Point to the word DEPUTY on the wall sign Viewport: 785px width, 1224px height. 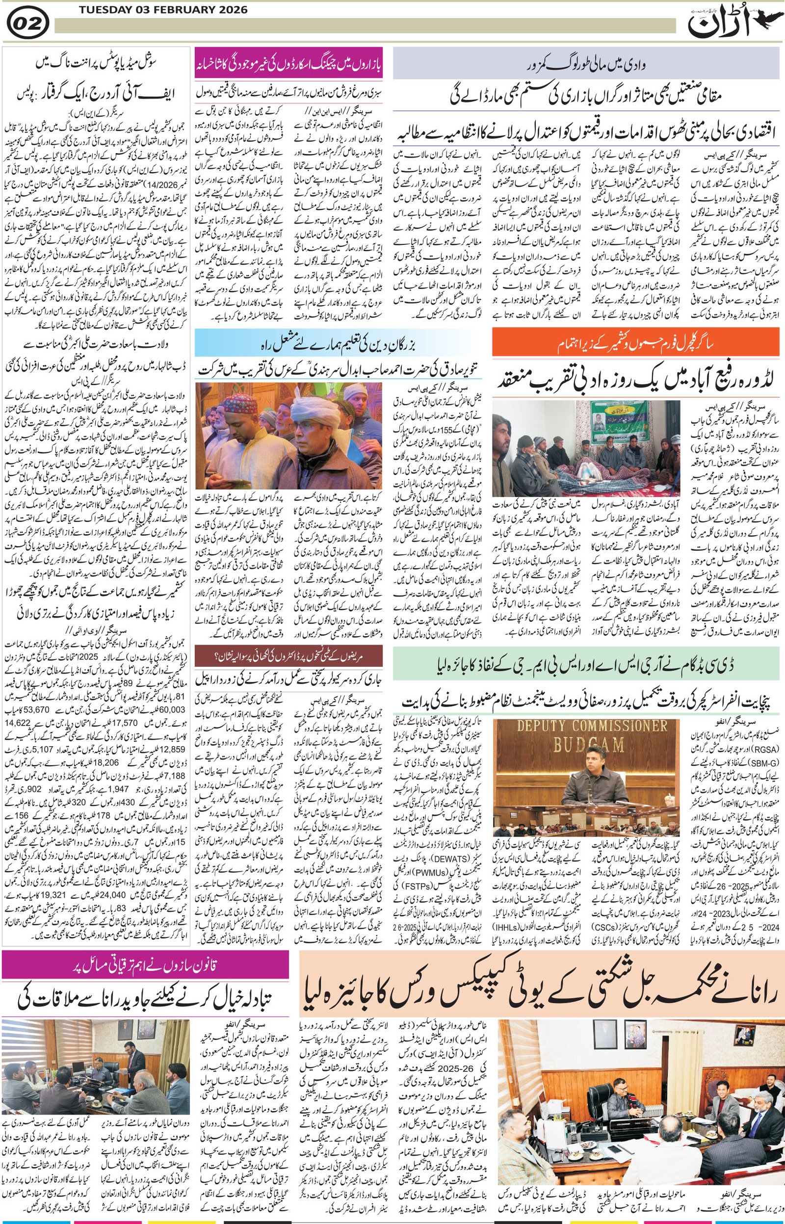pyautogui.click(x=552, y=726)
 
